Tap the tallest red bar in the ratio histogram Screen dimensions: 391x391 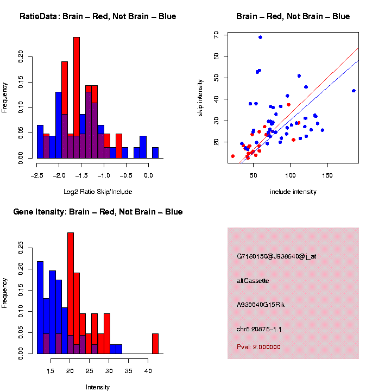77,98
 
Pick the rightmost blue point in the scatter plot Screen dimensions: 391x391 354,91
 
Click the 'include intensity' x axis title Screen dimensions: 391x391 293,191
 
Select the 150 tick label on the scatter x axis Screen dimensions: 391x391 327,176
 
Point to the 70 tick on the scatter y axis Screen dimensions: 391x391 216,34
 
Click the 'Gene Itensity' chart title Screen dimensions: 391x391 98,212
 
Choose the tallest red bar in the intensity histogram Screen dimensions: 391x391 71,293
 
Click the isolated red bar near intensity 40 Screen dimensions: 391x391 155,343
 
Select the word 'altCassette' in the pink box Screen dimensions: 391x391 253,281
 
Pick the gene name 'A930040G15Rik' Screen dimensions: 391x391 261,305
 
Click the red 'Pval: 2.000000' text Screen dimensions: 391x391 259,346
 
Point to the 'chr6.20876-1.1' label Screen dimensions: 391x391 259,329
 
